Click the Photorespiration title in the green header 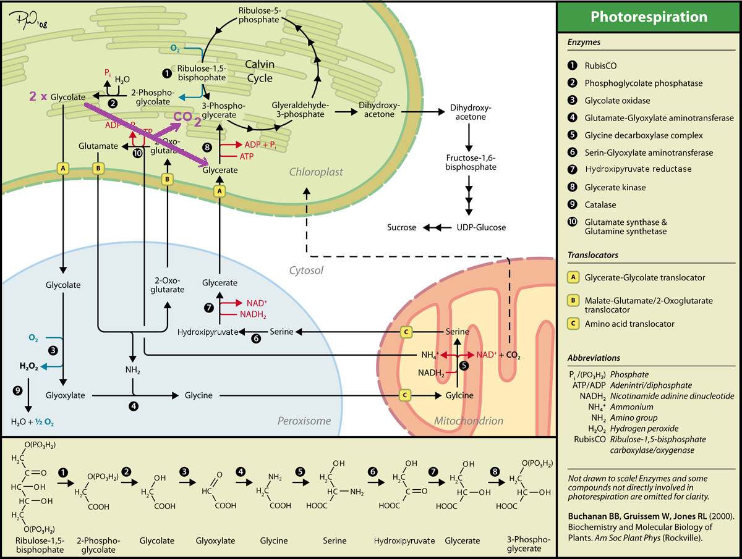(649, 17)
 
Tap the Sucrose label (401, 227)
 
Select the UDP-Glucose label (481, 227)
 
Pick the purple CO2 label (187, 118)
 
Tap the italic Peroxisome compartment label (304, 421)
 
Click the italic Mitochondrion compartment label (469, 421)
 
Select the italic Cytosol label (307, 270)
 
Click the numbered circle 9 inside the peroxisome (18, 390)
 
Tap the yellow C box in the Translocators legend (573, 323)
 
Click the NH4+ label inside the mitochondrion (429, 355)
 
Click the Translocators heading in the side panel (592, 255)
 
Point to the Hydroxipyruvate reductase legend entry (638, 169)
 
